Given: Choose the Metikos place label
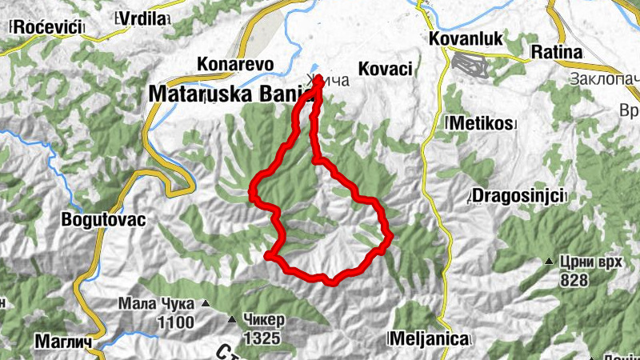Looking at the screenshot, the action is [480, 124].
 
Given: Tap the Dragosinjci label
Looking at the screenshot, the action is [518, 195].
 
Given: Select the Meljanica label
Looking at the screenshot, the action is [428, 339].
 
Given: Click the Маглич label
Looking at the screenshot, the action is [61, 342].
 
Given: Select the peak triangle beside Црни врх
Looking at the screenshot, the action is [550, 262].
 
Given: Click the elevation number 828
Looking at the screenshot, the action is [574, 280].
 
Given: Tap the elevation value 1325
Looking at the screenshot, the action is [262, 338].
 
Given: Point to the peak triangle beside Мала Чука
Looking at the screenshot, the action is [206, 304].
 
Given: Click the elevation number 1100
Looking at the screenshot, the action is [177, 322].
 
